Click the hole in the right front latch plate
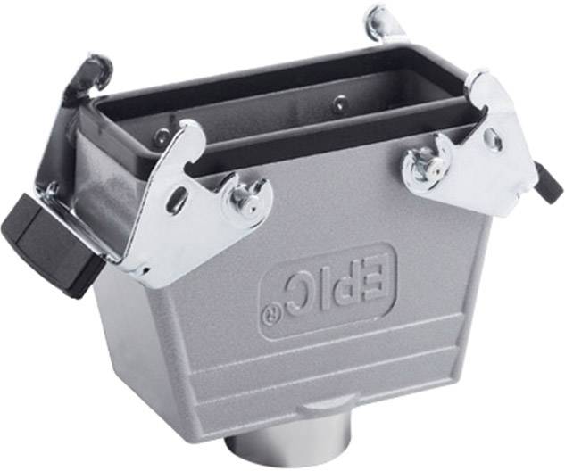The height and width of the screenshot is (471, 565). [x=492, y=140]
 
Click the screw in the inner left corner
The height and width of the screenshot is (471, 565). [x=161, y=136]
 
